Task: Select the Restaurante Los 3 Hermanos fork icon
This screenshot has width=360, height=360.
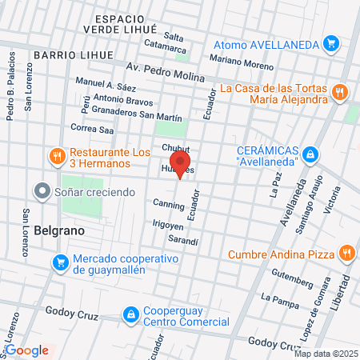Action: [x=57, y=156]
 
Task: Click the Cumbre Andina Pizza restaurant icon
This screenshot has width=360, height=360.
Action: [x=345, y=254]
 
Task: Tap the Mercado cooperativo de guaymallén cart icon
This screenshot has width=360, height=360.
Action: [x=60, y=262]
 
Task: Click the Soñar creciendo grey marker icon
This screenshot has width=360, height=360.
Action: [x=42, y=191]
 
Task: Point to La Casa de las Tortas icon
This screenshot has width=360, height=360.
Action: [x=340, y=92]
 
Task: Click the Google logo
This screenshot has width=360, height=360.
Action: [x=27, y=350]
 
